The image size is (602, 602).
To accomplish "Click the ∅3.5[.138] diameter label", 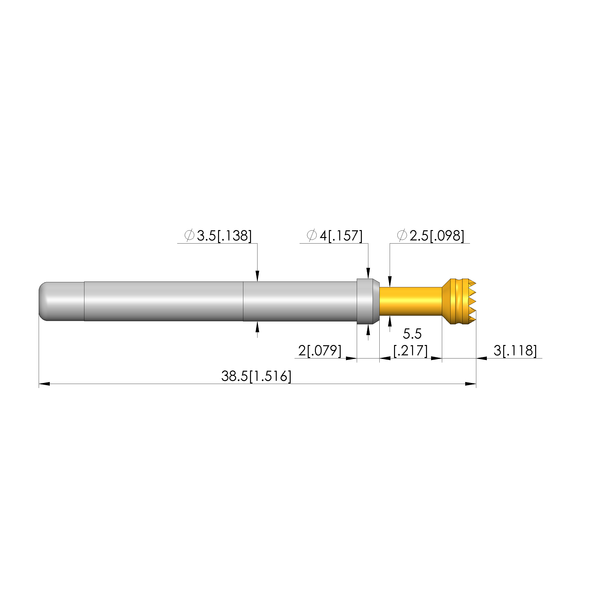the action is coord(218,236).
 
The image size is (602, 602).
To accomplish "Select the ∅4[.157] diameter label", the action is coord(335,236).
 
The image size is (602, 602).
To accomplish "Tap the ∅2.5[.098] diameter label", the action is coord(431,236).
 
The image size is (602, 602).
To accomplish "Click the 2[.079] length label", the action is coord(320,351).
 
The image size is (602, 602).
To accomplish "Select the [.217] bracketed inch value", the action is coord(410,351).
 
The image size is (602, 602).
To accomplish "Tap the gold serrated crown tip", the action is coord(459,301).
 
